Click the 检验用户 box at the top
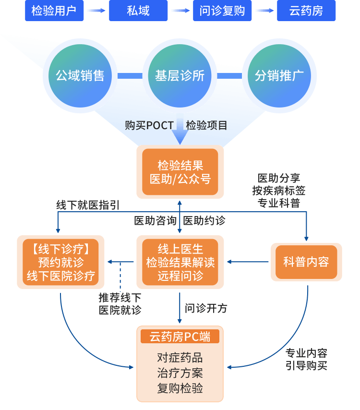click(x=54, y=11)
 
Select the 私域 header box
click(x=138, y=11)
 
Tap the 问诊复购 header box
click(x=222, y=11)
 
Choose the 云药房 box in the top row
click(x=306, y=11)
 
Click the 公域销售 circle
click(x=80, y=75)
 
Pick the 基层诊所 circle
click(x=180, y=75)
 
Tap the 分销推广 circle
click(x=279, y=75)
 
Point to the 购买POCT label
click(x=149, y=125)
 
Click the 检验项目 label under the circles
click(x=207, y=125)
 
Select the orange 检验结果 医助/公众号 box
click(x=180, y=172)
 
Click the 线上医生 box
click(x=180, y=262)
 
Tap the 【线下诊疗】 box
click(x=60, y=262)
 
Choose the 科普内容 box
click(x=306, y=262)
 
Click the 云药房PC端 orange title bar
click(x=180, y=337)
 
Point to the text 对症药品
click(x=180, y=358)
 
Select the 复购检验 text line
click(x=180, y=388)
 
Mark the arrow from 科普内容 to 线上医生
click(x=248, y=262)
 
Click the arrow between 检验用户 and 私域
click(x=96, y=11)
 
